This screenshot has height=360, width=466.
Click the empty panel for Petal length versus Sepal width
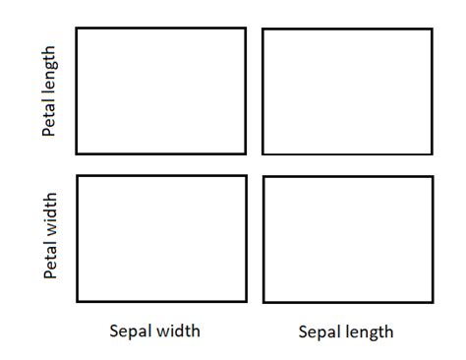click(x=161, y=90)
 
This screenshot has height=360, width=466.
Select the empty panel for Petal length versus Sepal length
click(x=347, y=91)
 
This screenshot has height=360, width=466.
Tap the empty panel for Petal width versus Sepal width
click(x=161, y=238)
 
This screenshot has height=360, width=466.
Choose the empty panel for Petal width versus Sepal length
click(x=348, y=239)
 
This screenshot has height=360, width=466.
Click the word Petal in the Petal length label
click(x=50, y=117)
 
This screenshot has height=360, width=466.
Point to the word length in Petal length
click(x=50, y=71)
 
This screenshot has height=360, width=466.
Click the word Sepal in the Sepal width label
click(x=130, y=330)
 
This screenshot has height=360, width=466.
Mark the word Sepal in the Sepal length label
click(x=319, y=331)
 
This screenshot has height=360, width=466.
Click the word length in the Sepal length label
click(x=370, y=331)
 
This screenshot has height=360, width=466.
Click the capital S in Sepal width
click(x=113, y=330)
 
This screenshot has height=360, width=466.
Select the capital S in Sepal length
click(x=302, y=331)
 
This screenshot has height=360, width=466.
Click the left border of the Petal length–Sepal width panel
click(x=77, y=90)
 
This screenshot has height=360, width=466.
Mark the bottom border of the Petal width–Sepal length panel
click(x=348, y=301)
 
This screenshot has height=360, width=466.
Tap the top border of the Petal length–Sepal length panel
click(x=347, y=29)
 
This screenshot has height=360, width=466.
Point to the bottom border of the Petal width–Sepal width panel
click(x=161, y=300)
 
